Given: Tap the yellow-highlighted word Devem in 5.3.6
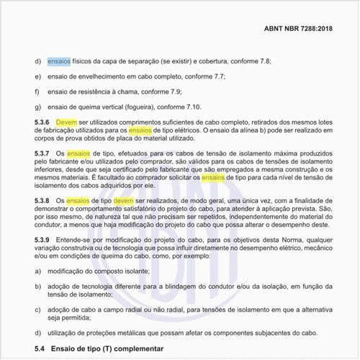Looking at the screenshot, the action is [x=66, y=122].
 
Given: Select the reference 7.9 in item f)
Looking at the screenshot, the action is [x=186, y=92].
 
